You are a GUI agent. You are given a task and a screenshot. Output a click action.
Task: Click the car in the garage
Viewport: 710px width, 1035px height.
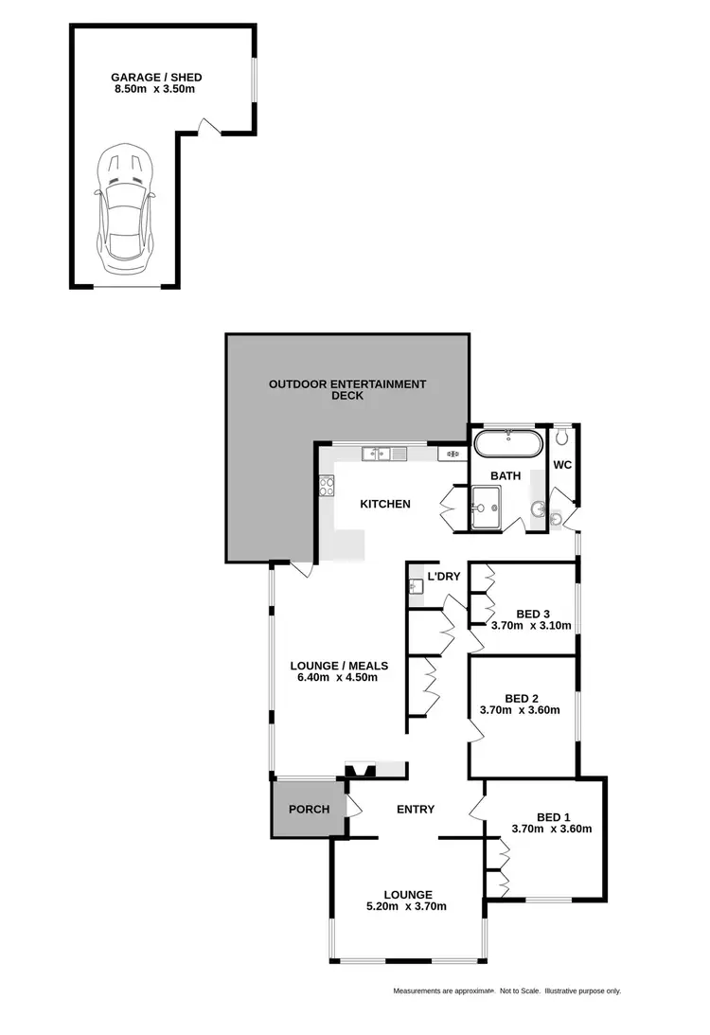pyautogui.click(x=124, y=205)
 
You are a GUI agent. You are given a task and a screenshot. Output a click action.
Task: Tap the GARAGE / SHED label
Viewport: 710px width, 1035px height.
pyautogui.click(x=156, y=78)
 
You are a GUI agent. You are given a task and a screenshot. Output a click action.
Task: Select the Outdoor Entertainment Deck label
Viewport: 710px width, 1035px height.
pyautogui.click(x=347, y=384)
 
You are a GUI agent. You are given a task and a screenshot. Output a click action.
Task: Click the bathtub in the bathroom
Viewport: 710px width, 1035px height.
pyautogui.click(x=508, y=442)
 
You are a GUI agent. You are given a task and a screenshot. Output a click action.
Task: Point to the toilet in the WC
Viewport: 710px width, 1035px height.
pyautogui.click(x=563, y=437)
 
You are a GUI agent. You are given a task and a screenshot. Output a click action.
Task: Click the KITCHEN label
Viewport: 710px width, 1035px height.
pyautogui.click(x=385, y=504)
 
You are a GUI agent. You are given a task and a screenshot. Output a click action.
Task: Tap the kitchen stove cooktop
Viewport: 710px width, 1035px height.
pyautogui.click(x=328, y=487)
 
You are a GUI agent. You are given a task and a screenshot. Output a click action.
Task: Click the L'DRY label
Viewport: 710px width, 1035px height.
pyautogui.click(x=444, y=577)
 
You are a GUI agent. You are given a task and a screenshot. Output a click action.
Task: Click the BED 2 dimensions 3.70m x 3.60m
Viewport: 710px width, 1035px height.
pyautogui.click(x=520, y=710)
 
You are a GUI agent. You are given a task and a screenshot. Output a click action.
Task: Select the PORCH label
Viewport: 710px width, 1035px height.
pyautogui.click(x=309, y=809)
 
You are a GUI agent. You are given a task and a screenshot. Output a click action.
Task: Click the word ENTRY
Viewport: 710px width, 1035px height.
pyautogui.click(x=416, y=809)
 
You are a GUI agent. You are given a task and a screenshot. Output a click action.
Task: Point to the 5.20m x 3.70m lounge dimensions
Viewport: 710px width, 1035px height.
pyautogui.click(x=408, y=906)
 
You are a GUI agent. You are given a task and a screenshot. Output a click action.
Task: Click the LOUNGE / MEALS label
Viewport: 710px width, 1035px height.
pyautogui.click(x=338, y=665)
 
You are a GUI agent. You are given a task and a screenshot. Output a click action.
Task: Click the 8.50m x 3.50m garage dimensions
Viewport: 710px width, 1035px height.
pyautogui.click(x=156, y=90)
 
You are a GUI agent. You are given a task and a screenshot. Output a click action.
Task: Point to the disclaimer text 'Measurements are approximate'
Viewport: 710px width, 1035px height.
pyautogui.click(x=444, y=991)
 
